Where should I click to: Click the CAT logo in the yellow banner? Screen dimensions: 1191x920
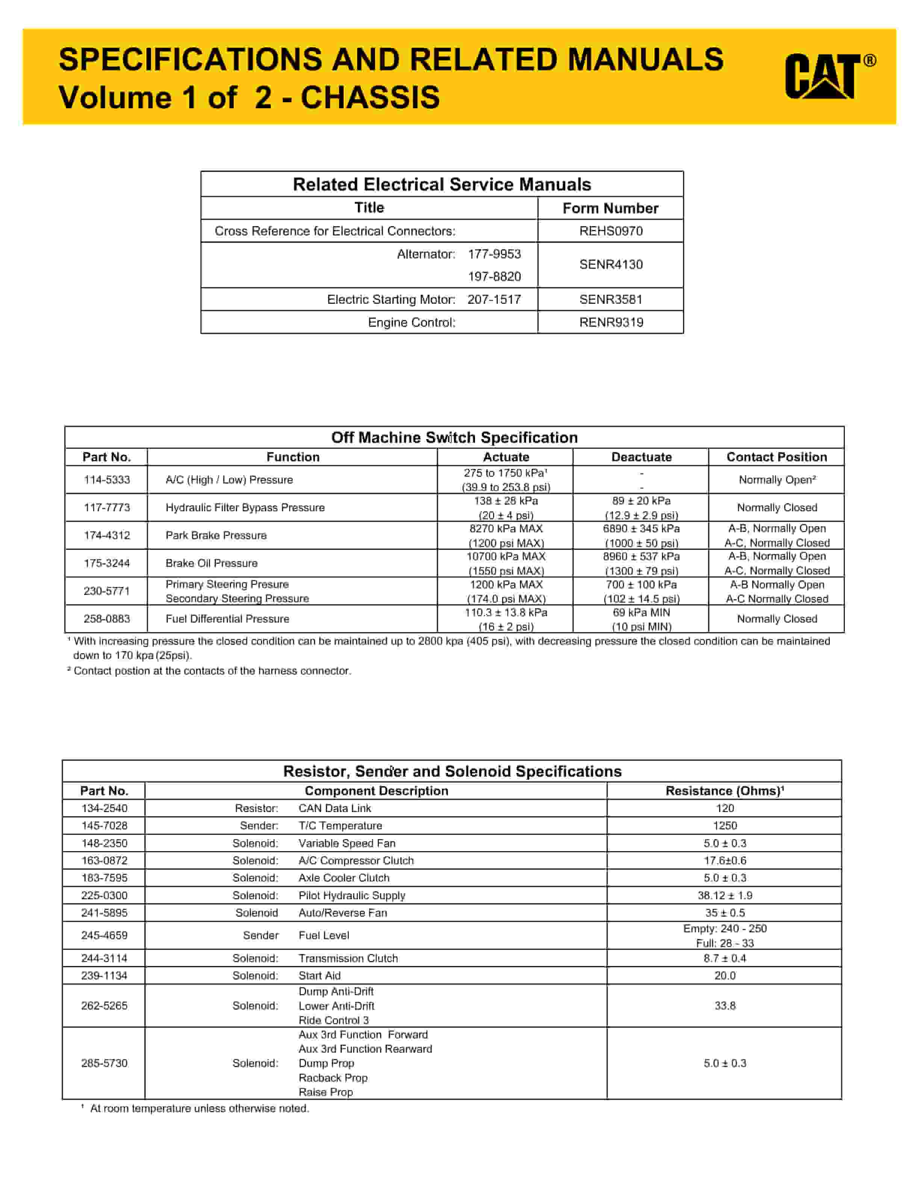point(829,76)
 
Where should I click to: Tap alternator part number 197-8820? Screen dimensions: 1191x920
point(494,276)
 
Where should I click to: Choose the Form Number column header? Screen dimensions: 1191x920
point(610,208)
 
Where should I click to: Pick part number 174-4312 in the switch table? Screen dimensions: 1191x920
point(107,535)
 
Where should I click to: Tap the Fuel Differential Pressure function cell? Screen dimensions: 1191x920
point(227,619)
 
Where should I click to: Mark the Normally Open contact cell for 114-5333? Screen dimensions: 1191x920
point(777,480)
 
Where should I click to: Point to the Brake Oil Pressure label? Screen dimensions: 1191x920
point(212,563)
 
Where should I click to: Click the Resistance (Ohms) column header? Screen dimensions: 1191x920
point(724,791)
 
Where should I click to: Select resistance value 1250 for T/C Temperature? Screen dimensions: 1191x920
point(724,826)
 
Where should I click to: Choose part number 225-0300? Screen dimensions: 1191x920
point(104,896)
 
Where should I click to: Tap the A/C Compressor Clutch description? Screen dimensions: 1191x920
point(356,861)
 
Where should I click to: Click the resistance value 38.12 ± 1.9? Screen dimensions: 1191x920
point(724,896)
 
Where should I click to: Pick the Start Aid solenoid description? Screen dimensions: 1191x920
point(319,976)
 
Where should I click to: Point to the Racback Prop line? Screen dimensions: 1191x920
point(333,1077)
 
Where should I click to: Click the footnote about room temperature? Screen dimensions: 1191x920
point(199,1108)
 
